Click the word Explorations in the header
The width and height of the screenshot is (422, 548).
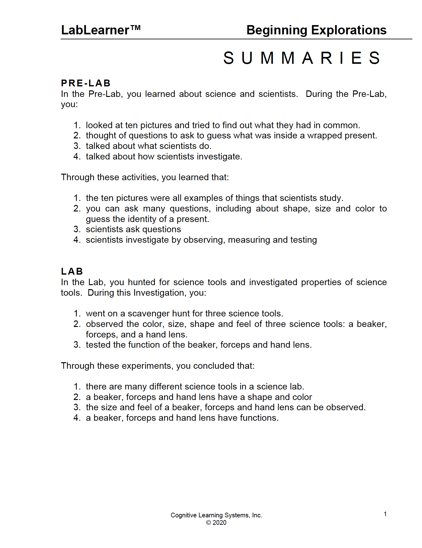click(349, 30)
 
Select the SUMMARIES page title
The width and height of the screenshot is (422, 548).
click(302, 58)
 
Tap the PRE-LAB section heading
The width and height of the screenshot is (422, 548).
click(86, 83)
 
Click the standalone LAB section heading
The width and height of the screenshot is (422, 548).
click(72, 271)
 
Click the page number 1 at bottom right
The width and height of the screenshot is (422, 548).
click(385, 514)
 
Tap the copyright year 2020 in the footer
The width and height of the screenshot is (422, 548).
click(219, 523)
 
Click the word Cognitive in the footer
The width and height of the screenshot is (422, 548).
click(183, 515)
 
